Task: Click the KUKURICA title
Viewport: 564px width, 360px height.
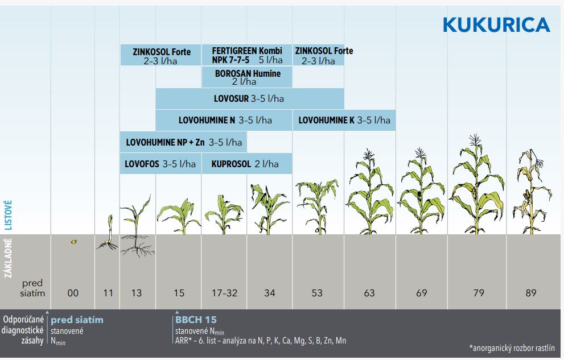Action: [496, 25]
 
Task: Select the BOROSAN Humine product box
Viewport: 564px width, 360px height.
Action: [247, 77]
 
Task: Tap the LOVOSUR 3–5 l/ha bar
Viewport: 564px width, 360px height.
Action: [249, 98]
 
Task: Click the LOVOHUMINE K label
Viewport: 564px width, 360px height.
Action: [344, 120]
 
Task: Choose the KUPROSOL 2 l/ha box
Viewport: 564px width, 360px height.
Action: [246, 164]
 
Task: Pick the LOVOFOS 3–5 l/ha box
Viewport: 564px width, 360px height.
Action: [160, 164]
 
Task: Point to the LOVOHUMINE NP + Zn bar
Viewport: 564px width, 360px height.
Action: [183, 142]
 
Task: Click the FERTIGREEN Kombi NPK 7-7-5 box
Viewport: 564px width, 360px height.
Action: [246, 55]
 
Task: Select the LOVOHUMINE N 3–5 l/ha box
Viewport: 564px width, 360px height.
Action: [224, 120]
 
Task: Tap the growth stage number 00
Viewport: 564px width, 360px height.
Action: [73, 293]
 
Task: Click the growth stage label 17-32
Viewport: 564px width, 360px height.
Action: [224, 293]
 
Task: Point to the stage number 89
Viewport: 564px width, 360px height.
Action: [530, 293]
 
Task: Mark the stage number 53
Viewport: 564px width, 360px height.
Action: [317, 293]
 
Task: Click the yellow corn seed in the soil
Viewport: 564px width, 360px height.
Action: [73, 242]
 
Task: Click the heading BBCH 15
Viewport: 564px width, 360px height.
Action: [196, 320]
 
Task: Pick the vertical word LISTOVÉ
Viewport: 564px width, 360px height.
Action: [8, 214]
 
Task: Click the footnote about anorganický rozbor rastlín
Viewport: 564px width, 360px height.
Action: [512, 347]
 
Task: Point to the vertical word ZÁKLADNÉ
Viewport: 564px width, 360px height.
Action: [8, 258]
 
